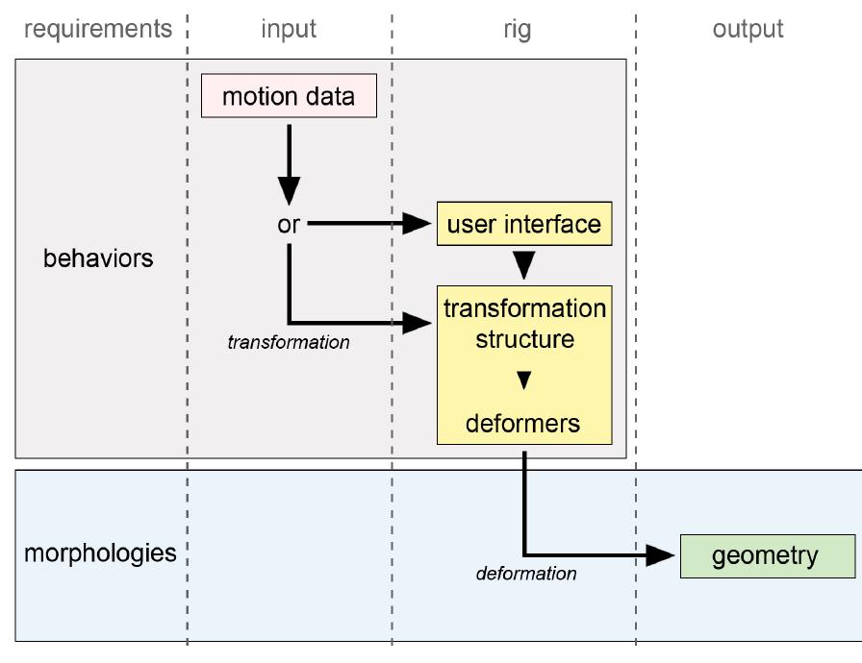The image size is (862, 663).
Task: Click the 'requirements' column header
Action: click(97, 30)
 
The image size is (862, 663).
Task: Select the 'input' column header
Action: click(289, 30)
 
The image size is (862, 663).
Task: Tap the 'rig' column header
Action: click(517, 30)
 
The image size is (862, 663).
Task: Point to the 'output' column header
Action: click(748, 30)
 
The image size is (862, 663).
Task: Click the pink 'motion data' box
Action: click(289, 96)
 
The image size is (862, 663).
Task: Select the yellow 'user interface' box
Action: click(524, 224)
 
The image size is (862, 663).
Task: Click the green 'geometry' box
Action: click(767, 555)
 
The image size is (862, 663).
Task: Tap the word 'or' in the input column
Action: click(289, 224)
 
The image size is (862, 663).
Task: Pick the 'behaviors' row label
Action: click(98, 258)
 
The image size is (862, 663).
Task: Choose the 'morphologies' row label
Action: click(100, 553)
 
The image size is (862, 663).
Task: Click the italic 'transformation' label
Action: click(289, 342)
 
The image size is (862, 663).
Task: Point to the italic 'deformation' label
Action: click(526, 574)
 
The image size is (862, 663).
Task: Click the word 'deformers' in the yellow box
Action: click(523, 423)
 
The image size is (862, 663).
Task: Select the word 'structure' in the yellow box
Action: click(524, 339)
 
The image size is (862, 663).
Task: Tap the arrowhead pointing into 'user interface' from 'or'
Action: click(417, 224)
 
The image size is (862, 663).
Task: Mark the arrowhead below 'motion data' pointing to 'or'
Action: click(289, 191)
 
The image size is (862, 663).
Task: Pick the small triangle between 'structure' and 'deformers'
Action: click(524, 381)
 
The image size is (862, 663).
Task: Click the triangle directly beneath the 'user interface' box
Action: click(524, 264)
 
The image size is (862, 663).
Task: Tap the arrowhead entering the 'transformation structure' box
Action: click(417, 323)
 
